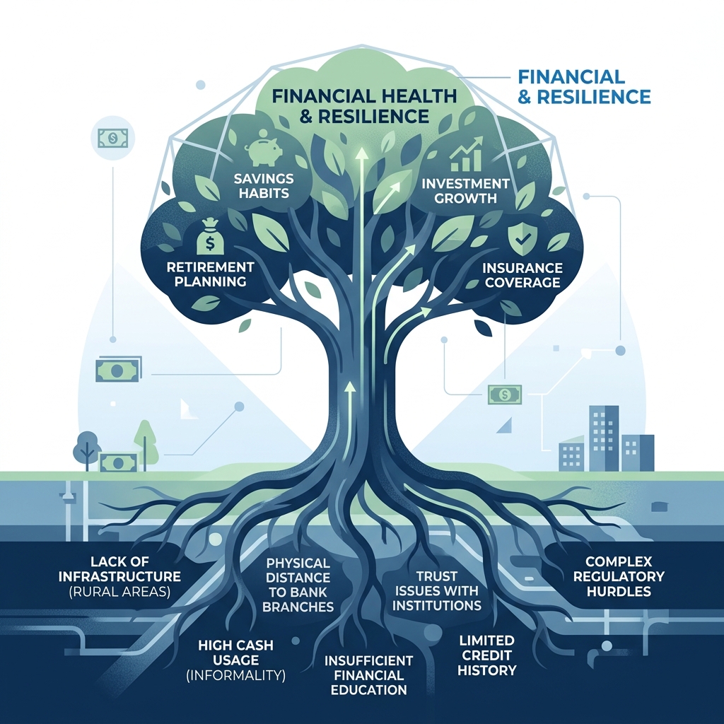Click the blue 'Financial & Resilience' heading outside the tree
click(x=584, y=86)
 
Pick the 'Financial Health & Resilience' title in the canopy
click(x=364, y=106)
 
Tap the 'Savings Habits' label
click(x=264, y=185)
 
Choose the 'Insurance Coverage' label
click(x=522, y=275)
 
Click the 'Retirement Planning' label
click(x=211, y=274)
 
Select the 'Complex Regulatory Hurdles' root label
click(x=619, y=576)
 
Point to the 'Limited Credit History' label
click(x=486, y=655)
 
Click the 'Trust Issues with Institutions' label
click(x=437, y=590)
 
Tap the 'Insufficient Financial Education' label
click(x=368, y=675)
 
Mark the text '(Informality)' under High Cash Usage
click(x=236, y=675)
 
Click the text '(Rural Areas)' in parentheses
click(x=119, y=592)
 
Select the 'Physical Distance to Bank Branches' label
click(x=298, y=585)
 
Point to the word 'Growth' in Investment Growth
click(x=466, y=198)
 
